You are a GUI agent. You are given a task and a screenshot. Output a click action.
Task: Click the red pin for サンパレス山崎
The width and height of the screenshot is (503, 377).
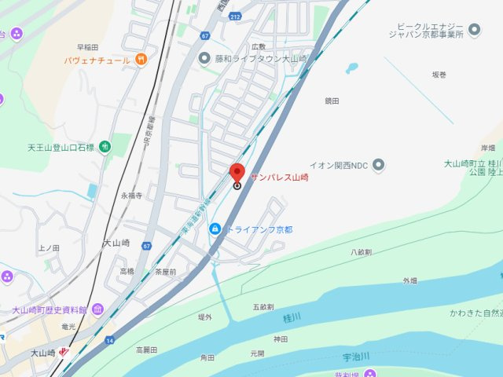click(237, 173)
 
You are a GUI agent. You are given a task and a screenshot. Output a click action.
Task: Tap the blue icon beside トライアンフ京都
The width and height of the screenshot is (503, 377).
click(214, 229)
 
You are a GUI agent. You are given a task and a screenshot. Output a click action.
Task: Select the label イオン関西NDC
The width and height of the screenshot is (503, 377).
click(338, 165)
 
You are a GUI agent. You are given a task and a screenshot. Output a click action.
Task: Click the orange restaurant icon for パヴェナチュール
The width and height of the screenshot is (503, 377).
click(140, 60)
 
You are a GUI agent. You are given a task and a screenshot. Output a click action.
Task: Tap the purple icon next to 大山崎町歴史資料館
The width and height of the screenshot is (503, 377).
click(97, 309)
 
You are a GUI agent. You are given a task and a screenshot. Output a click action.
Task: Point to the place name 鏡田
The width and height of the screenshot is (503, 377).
click(332, 101)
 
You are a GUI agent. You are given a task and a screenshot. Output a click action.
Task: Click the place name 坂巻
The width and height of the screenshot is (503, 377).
click(439, 75)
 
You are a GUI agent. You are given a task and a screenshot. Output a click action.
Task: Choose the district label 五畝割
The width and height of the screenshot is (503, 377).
click(263, 306)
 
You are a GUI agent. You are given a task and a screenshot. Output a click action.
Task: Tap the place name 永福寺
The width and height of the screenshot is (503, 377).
click(130, 195)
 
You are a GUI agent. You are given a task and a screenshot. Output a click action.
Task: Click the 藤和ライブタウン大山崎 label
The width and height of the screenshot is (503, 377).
click(252, 58)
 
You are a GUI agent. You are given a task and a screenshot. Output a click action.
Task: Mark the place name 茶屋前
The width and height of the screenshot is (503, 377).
click(165, 271)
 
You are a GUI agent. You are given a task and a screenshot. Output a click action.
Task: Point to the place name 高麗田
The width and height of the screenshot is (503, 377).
click(146, 350)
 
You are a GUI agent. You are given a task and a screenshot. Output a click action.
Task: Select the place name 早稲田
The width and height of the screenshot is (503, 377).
click(87, 47)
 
